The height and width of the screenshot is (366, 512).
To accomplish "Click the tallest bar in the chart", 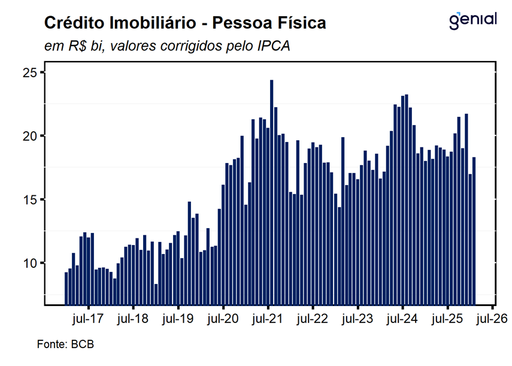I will click(272, 192).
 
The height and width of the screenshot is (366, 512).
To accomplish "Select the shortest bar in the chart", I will click(156, 294).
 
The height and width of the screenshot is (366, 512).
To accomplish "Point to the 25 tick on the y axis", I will click(30, 72).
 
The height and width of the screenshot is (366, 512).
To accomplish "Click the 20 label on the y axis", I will click(30, 136).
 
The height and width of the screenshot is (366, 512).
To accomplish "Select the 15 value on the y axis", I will click(30, 199).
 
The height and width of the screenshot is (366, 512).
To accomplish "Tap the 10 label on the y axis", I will click(30, 263).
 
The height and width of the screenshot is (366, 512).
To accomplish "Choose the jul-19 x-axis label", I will click(178, 319).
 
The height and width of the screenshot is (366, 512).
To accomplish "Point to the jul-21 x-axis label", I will click(268, 319).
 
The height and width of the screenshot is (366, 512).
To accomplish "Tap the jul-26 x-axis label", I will click(492, 319).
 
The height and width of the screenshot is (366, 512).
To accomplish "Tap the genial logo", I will click(473, 20).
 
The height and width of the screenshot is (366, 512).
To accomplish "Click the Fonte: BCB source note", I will click(66, 345).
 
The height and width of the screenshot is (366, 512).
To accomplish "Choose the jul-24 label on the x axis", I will click(402, 319).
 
